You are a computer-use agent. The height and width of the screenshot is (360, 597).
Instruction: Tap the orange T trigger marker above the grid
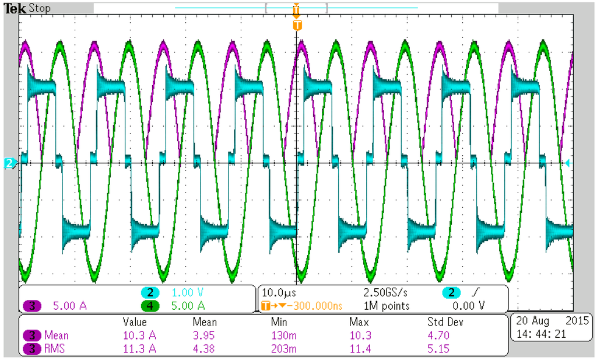pyautogui.click(x=297, y=26)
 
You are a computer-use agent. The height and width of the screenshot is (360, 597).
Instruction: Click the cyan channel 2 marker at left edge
pyautogui.click(x=9, y=163)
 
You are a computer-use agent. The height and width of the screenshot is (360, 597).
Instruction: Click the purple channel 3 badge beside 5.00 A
pyautogui.click(x=32, y=306)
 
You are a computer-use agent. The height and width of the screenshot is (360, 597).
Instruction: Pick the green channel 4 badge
pyautogui.click(x=150, y=306)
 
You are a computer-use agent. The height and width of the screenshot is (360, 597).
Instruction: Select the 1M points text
pyautogui.click(x=387, y=306)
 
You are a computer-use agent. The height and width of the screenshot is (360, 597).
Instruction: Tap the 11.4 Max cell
pyautogui.click(x=358, y=349)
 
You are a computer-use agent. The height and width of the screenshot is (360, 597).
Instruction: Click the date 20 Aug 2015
pyautogui.click(x=552, y=321)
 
